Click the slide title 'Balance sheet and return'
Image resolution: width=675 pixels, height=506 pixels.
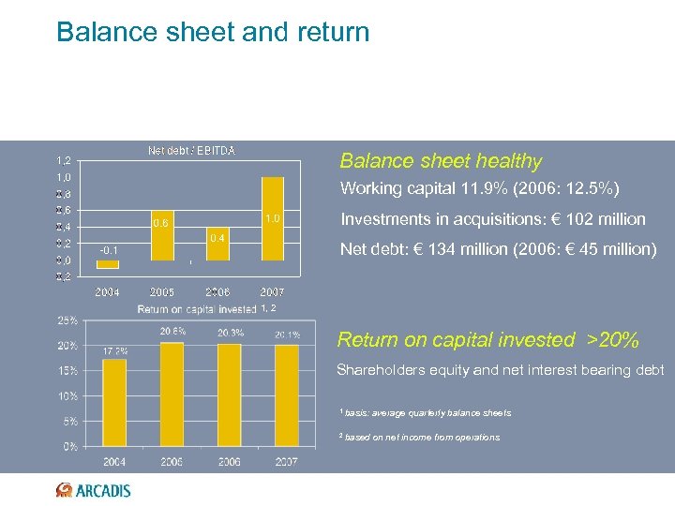pyautogui.click(x=213, y=32)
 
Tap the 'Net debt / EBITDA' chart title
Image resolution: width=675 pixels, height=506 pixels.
pyautogui.click(x=191, y=150)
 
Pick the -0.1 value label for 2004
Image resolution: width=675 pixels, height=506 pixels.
pyautogui.click(x=108, y=250)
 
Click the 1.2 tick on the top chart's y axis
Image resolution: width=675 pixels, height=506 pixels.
pyautogui.click(x=63, y=160)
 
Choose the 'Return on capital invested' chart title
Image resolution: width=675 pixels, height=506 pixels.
pyautogui.click(x=197, y=309)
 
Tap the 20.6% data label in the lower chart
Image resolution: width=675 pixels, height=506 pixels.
pyautogui.click(x=172, y=331)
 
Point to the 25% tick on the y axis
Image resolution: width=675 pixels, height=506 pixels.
pyautogui.click(x=67, y=320)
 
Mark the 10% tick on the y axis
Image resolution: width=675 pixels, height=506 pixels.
pyautogui.click(x=67, y=396)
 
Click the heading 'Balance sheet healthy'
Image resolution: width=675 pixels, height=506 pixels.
pyautogui.click(x=441, y=161)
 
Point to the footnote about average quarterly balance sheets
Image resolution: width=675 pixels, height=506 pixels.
pyautogui.click(x=426, y=413)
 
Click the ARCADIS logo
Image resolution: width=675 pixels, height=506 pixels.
pyautogui.click(x=93, y=489)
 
